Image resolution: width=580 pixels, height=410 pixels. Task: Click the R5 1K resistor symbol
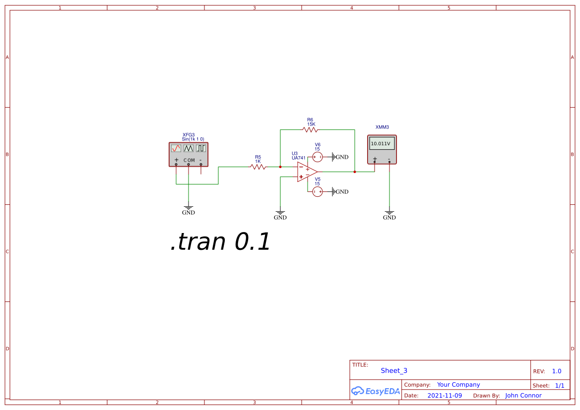tap(258, 167)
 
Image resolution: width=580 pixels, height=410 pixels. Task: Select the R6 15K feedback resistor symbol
tap(310, 129)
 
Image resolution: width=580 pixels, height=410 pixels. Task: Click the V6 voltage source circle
tap(318, 157)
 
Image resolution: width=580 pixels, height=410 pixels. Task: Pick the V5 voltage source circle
tap(318, 191)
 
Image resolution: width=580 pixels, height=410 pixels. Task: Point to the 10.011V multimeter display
tap(382, 144)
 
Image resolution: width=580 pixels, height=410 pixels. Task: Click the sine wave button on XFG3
tap(176, 148)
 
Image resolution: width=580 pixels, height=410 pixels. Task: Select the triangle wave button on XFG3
tap(189, 148)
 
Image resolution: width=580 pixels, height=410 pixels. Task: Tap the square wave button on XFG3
tap(200, 148)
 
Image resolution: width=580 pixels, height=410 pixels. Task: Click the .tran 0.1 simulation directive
tap(220, 242)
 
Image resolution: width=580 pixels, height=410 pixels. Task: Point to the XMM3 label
tap(382, 127)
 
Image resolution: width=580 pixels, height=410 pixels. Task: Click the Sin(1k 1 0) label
tap(193, 139)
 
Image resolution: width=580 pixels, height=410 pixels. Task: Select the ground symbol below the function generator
tap(189, 208)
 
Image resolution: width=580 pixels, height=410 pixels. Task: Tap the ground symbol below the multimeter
tap(389, 213)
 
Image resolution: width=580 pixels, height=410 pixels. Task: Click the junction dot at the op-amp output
tap(355, 172)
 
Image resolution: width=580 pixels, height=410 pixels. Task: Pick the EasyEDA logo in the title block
tap(376, 391)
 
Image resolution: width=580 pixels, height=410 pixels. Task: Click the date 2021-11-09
tap(445, 396)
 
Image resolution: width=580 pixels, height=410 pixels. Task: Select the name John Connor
tap(523, 396)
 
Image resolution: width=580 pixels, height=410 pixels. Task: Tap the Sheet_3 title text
tap(394, 370)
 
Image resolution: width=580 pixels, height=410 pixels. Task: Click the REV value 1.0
tap(557, 371)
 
